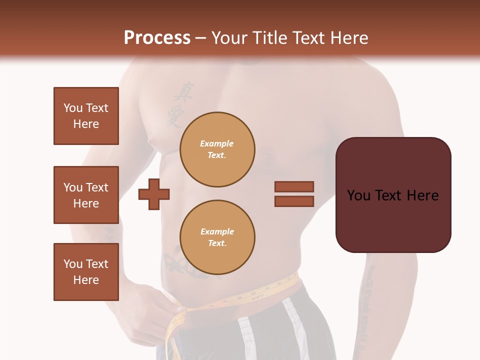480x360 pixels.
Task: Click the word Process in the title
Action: pyautogui.click(x=157, y=37)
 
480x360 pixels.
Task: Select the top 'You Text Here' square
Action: pyautogui.click(x=86, y=116)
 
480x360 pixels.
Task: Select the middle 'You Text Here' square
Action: pyautogui.click(x=86, y=195)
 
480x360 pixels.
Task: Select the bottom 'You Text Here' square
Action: pyautogui.click(x=86, y=272)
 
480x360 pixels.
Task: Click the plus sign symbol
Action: pyautogui.click(x=154, y=194)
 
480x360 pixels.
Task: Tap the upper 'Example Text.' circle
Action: pyautogui.click(x=217, y=149)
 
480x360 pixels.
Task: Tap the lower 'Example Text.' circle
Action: pyautogui.click(x=217, y=237)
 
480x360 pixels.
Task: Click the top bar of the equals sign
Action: pyautogui.click(x=294, y=186)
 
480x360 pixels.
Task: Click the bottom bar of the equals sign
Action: pyautogui.click(x=294, y=201)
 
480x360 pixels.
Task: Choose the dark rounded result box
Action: pyautogui.click(x=393, y=195)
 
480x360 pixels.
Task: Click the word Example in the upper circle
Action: pyautogui.click(x=216, y=143)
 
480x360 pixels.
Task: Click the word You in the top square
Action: pyautogui.click(x=72, y=108)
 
